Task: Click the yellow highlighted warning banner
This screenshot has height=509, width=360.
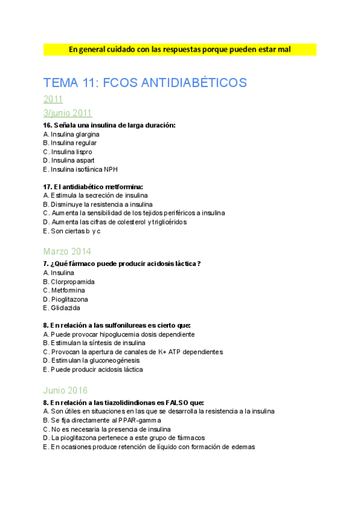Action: [179, 49]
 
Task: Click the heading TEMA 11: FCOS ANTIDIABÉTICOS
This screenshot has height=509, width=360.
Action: [145, 82]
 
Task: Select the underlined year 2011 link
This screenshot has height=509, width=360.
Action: [53, 100]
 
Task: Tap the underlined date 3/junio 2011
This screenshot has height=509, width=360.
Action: [68, 113]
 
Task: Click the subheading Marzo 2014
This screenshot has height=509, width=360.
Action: [67, 251]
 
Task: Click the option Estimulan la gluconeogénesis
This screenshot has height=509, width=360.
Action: [91, 360]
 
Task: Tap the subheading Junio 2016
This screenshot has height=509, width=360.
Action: [65, 390]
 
